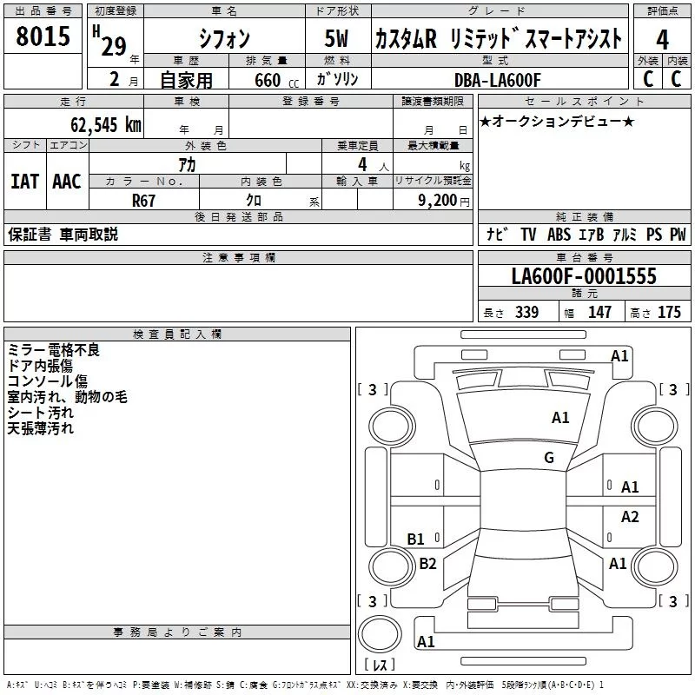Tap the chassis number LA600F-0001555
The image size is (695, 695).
[x=584, y=277]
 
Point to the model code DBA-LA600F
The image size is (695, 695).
[x=498, y=80]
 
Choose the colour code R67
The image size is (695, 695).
[x=144, y=200]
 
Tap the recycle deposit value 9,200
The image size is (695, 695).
[x=438, y=200]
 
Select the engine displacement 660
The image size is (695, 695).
[x=267, y=81]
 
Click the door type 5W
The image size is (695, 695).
[x=336, y=39]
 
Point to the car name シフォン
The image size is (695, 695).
[x=224, y=39]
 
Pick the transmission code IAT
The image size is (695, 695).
[x=24, y=182]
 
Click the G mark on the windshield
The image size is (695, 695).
[x=549, y=458]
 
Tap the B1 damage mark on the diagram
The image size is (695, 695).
[x=416, y=539]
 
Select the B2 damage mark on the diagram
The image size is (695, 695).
[x=427, y=564]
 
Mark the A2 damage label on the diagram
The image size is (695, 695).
[x=630, y=517]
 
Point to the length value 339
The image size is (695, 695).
[x=526, y=313]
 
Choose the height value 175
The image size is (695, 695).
[x=669, y=313]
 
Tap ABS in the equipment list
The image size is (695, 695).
[x=559, y=235]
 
